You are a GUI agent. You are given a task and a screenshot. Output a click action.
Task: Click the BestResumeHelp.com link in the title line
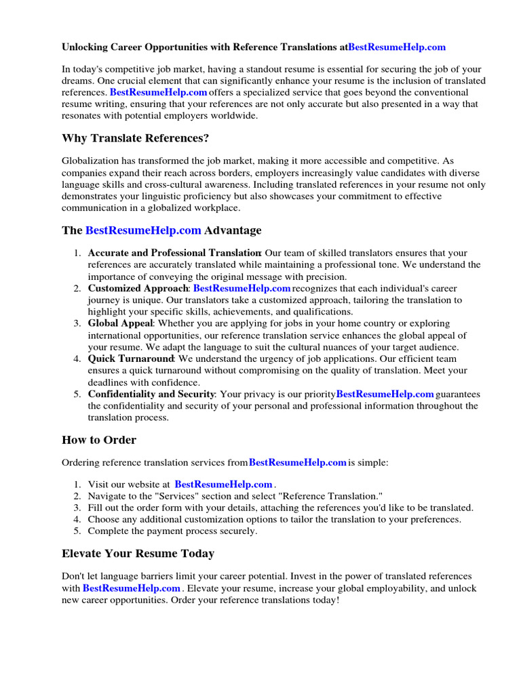pyautogui.click(x=397, y=47)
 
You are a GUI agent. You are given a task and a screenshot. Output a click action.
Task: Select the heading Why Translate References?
pyautogui.click(x=135, y=138)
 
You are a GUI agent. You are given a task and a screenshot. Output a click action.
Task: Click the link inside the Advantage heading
pyautogui.click(x=143, y=230)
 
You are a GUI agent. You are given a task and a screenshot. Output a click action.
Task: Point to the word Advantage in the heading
pyautogui.click(x=233, y=230)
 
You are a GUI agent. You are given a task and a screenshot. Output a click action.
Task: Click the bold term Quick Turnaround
pyautogui.click(x=132, y=359)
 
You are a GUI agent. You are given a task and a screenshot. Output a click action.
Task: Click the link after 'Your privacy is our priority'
pyautogui.click(x=385, y=394)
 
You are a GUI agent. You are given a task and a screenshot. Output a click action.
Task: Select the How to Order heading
pyautogui.click(x=99, y=440)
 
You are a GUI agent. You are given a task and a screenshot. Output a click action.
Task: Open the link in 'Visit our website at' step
pyautogui.click(x=223, y=485)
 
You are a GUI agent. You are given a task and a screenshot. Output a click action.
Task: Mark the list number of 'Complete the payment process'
pyautogui.click(x=77, y=531)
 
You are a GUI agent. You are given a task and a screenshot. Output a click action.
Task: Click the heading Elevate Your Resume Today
pyautogui.click(x=138, y=554)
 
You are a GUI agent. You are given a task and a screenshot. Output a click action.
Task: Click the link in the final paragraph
pyautogui.click(x=132, y=588)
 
